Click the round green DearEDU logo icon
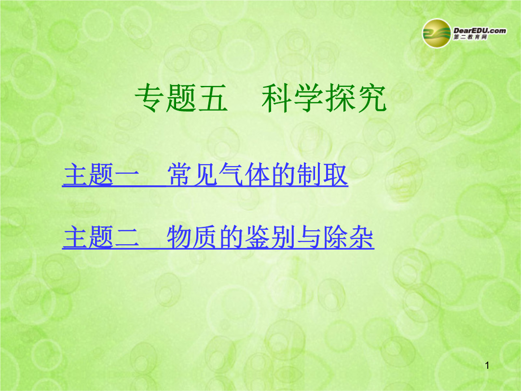(x=437, y=34)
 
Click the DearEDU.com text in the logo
(x=480, y=30)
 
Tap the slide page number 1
(x=487, y=366)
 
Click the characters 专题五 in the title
(x=181, y=98)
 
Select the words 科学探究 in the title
(x=324, y=98)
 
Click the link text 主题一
(x=101, y=175)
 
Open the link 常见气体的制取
(x=257, y=175)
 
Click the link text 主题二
(x=101, y=237)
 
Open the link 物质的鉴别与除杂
(x=270, y=237)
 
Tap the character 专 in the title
(x=150, y=98)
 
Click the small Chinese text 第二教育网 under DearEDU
(x=470, y=37)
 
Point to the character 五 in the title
(x=213, y=98)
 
